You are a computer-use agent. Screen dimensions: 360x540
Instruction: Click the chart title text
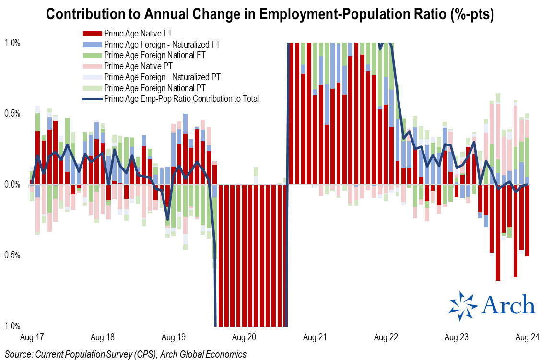click(270, 15)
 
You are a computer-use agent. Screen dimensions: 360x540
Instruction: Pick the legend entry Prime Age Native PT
click(138, 66)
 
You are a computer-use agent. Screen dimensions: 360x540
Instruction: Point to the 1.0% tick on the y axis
click(12, 43)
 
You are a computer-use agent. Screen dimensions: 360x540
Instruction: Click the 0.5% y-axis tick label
click(12, 114)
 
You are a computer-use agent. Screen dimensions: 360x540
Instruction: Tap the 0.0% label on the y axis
click(12, 185)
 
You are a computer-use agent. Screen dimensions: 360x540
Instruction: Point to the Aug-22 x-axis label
click(387, 337)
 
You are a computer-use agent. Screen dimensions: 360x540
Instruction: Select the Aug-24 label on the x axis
click(527, 337)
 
